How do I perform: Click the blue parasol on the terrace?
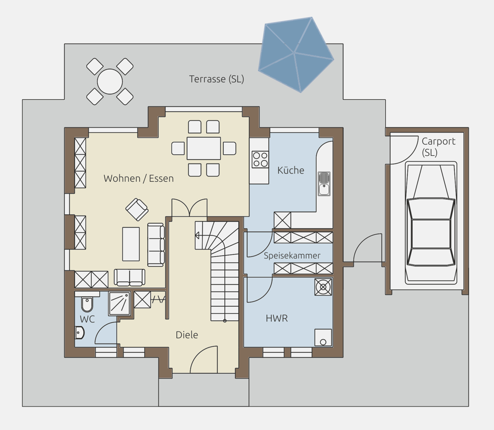(x=296, y=54)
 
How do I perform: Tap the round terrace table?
(x=110, y=82)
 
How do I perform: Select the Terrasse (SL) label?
(x=216, y=79)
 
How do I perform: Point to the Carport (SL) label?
(x=438, y=147)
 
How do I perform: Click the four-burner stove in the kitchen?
(x=260, y=159)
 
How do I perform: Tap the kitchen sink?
(x=324, y=183)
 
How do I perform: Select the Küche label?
(x=290, y=170)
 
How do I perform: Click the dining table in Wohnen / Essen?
(x=204, y=148)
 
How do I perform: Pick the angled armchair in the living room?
(x=137, y=210)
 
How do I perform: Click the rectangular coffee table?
(x=131, y=244)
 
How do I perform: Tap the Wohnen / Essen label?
(x=139, y=178)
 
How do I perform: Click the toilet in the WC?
(x=87, y=303)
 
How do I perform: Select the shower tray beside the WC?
(x=120, y=303)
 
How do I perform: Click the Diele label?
(x=187, y=335)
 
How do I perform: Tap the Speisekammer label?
(x=292, y=256)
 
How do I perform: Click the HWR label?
(x=277, y=318)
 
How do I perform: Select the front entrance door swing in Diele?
(x=204, y=359)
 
